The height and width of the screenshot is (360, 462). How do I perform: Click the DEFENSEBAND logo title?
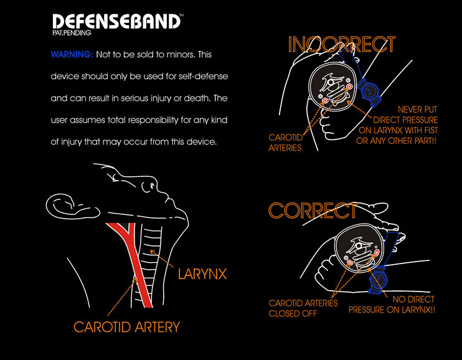(116, 21)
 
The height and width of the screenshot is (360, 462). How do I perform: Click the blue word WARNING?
(72, 55)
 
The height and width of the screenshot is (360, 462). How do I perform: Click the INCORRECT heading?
(341, 44)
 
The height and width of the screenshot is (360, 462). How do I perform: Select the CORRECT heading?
(313, 211)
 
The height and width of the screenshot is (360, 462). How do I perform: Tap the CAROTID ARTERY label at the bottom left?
(127, 326)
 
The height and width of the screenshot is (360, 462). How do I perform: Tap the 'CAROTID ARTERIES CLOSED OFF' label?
(295, 308)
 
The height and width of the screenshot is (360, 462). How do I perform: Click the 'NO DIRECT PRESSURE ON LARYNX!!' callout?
(392, 305)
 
